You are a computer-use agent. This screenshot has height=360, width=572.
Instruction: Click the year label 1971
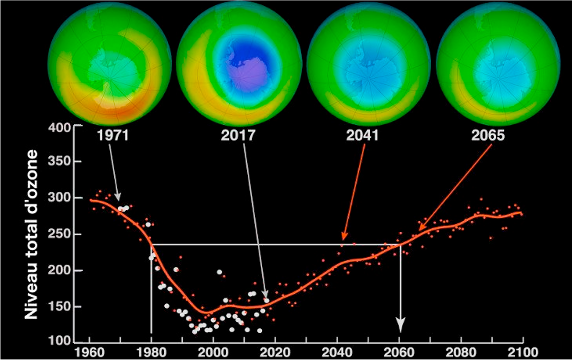pyautogui.click(x=113, y=136)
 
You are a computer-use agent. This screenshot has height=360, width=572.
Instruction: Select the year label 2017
pyautogui.click(x=238, y=136)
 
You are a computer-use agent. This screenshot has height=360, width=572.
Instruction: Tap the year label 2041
pyautogui.click(x=362, y=136)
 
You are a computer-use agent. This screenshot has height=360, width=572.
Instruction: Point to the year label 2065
pyautogui.click(x=488, y=136)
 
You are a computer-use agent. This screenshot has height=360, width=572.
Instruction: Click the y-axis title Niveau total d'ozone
pyautogui.click(x=31, y=234)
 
